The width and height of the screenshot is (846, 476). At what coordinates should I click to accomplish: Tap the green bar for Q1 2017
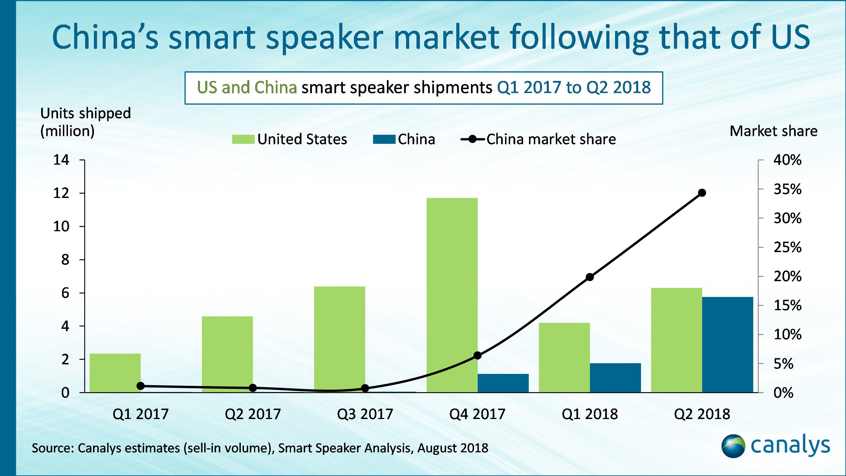click(x=115, y=373)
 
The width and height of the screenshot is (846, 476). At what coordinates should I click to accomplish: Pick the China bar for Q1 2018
click(x=615, y=378)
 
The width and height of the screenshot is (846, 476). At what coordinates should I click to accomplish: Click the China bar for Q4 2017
click(x=503, y=383)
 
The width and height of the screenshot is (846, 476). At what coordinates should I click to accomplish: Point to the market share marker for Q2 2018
click(x=702, y=193)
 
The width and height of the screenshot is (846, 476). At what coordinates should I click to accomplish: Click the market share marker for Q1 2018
click(x=589, y=277)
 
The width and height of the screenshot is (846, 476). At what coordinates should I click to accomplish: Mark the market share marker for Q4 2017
click(x=477, y=355)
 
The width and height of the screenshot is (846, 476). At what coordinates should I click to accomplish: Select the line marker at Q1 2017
click(x=140, y=386)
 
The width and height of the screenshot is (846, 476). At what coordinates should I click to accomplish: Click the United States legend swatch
click(x=243, y=139)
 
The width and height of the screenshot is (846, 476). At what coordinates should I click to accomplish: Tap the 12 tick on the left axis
click(x=61, y=193)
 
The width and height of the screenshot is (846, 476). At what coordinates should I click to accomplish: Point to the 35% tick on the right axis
click(x=787, y=189)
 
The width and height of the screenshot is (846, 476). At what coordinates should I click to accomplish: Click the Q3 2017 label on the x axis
click(x=365, y=414)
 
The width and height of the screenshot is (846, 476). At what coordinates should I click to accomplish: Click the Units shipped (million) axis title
click(x=85, y=122)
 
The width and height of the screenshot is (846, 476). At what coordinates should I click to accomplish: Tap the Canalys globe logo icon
click(x=733, y=446)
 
